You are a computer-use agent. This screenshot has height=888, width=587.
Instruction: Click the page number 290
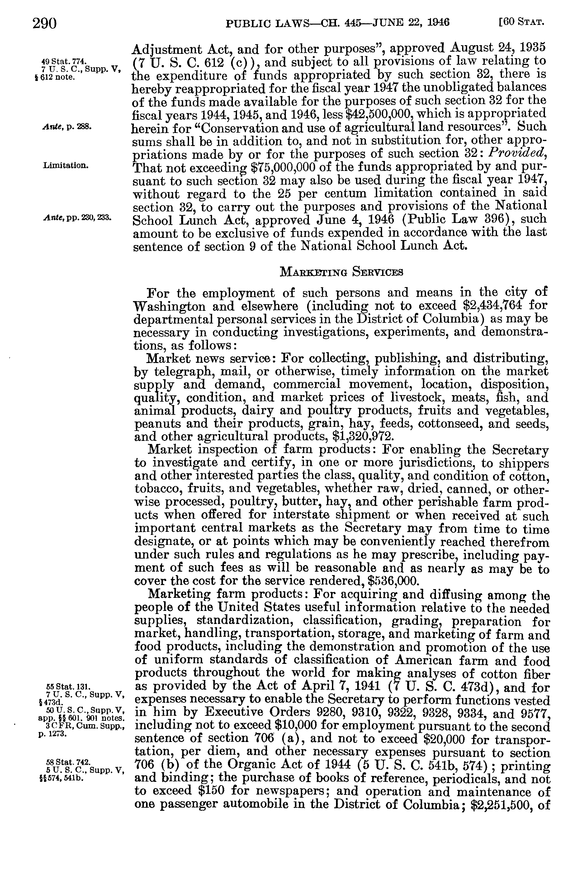45,24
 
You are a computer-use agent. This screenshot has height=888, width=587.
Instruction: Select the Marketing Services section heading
341,272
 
